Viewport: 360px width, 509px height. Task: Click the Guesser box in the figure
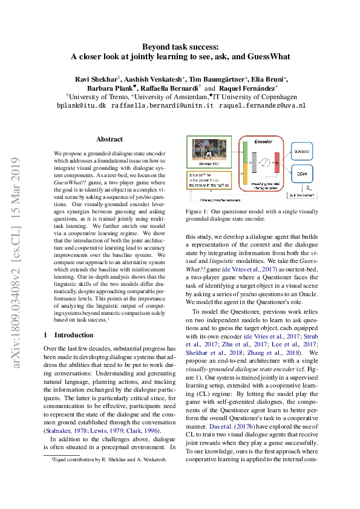tap(301, 151)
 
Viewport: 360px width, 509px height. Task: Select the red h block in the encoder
tap(277, 163)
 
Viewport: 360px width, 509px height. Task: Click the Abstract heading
tap(110, 139)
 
